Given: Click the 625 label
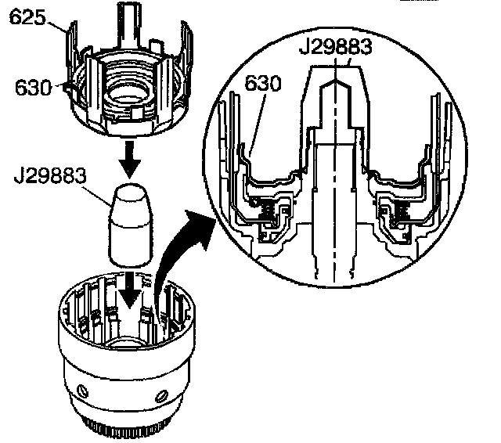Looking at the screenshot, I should click(26, 16).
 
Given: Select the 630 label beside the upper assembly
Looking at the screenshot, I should click(30, 87).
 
